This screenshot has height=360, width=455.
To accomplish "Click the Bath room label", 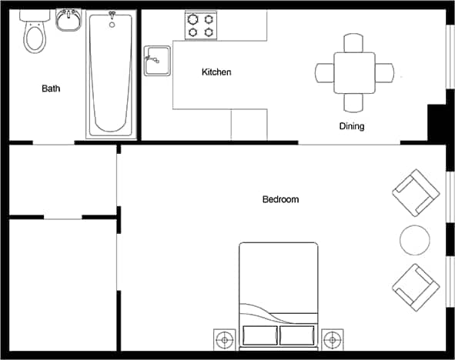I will [51, 88].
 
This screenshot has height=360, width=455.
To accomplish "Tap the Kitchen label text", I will [216, 72].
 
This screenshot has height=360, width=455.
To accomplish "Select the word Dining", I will [351, 126].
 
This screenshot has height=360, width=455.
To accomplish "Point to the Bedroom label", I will [280, 200].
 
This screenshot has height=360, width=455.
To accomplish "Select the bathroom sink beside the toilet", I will [69, 21].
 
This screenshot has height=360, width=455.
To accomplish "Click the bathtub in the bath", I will [111, 74].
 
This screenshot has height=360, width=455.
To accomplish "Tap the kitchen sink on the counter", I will [157, 60].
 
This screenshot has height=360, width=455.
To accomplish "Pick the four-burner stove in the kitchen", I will [201, 25].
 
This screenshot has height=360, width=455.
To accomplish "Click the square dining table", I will [354, 72].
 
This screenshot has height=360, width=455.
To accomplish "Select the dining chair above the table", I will [354, 42].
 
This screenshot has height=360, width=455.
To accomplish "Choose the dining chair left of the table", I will [324, 73].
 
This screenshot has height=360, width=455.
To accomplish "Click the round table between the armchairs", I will [415, 240].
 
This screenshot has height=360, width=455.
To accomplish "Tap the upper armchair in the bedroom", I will [416, 193].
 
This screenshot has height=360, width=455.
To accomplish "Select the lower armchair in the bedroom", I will [416, 287].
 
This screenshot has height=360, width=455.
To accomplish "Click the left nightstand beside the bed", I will [225, 338].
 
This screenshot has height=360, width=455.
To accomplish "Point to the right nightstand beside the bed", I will [332, 338].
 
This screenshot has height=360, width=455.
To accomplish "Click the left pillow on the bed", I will [259, 335].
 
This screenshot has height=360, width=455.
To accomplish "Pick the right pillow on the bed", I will [296, 335].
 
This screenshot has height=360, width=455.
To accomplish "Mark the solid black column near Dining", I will [437, 122].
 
